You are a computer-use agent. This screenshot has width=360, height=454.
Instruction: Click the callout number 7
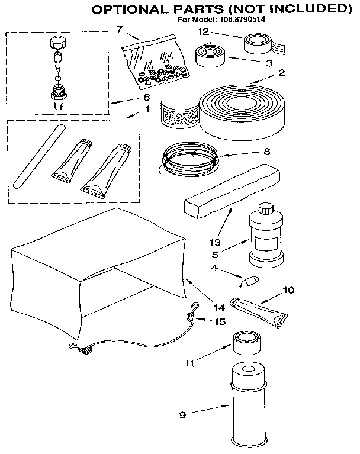[x=119, y=29]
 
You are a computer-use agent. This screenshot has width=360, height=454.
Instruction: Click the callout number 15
[x=220, y=322]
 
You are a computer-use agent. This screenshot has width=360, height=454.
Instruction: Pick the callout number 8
[x=266, y=151]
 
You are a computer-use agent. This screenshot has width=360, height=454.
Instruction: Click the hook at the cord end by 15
[x=192, y=307]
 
